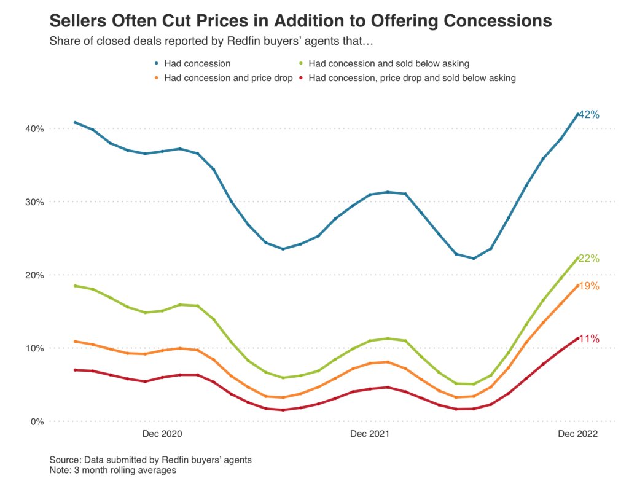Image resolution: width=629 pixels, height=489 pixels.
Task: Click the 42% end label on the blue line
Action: (588, 115)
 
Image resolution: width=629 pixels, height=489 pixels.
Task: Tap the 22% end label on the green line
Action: (588, 259)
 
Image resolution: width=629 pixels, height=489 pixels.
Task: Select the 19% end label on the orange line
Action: (588, 286)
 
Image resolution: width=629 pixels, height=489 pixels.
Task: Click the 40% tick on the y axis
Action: (34, 128)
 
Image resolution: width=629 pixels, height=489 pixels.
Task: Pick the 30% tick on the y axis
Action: (34, 201)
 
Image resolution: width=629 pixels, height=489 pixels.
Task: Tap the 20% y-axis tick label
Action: (34, 275)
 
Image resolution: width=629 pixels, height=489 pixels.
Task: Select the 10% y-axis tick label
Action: (34, 348)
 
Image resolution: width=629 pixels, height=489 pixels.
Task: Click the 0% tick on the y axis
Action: (37, 421)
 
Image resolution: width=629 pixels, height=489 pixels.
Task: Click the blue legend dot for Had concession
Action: (157, 63)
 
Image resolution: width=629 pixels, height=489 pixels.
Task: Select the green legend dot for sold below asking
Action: (302, 63)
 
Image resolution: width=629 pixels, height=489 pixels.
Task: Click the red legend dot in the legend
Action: (302, 78)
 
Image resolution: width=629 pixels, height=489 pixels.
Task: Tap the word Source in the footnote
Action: (64, 460)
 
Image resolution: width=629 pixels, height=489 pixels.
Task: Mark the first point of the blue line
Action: (75, 122)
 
